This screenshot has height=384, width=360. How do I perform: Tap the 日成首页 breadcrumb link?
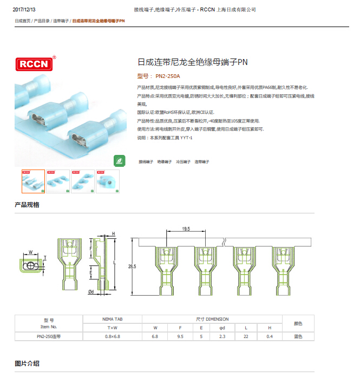point(23,21)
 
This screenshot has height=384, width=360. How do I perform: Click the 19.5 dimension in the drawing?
point(186,230)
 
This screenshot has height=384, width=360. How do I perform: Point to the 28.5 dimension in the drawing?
point(132,266)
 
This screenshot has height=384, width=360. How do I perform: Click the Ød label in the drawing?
point(91,292)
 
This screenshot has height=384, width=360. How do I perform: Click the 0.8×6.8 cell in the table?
point(112,336)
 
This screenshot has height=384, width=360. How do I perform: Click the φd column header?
point(222,328)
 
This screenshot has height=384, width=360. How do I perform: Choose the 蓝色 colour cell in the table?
point(298,336)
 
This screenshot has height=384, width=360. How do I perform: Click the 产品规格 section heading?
point(27,205)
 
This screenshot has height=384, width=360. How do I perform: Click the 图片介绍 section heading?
point(27,363)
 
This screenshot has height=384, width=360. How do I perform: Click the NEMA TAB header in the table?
point(112,319)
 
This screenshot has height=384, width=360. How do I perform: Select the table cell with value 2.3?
point(222,336)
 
